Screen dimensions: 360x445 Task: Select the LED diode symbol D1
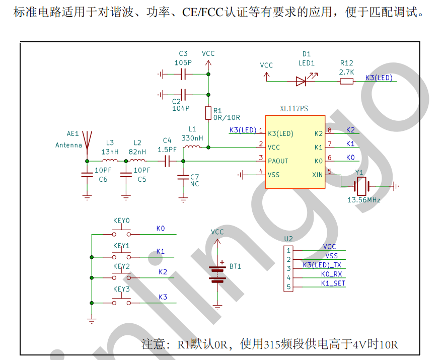(302, 81)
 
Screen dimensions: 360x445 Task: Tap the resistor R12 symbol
(346, 81)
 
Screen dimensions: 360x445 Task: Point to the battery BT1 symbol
(217, 274)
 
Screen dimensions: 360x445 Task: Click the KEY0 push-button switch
(121, 234)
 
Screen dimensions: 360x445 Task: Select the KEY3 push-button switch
(121, 302)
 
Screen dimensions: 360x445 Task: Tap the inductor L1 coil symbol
(192, 147)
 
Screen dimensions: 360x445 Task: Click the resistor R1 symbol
(208, 113)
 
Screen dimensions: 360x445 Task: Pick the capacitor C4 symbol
(168, 161)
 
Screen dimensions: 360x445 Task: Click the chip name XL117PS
(295, 109)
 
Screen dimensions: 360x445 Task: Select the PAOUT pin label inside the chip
(278, 161)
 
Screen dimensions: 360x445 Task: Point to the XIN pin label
(317, 175)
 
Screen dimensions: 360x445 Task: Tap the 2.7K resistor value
(346, 72)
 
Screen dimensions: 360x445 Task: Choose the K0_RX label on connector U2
(331, 274)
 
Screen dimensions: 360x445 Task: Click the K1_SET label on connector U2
(333, 283)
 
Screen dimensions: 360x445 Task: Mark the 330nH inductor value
(192, 137)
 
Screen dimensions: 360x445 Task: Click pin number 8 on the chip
(329, 130)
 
